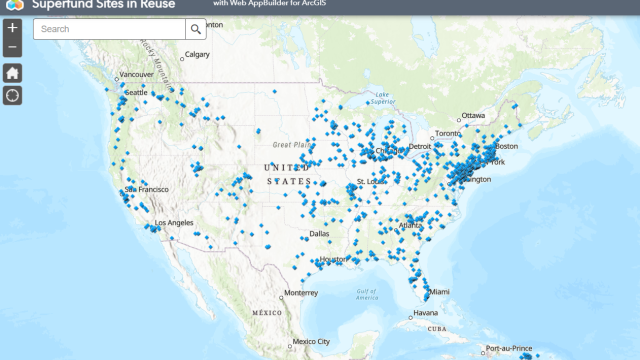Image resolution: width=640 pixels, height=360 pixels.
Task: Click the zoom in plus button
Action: [x=12, y=28]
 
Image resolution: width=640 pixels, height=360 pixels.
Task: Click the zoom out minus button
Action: [x=12, y=47]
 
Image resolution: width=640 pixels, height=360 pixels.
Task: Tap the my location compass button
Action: [x=13, y=96]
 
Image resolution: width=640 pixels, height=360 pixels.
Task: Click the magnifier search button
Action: [x=196, y=29]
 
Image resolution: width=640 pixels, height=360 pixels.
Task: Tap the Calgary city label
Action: [x=197, y=55]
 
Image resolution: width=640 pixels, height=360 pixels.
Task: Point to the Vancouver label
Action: [x=137, y=75]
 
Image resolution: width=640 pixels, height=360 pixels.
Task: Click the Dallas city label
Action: [x=319, y=234]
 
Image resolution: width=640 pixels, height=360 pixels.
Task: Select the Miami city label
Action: [x=440, y=291]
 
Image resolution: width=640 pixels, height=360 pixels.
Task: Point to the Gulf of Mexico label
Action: [x=367, y=293]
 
